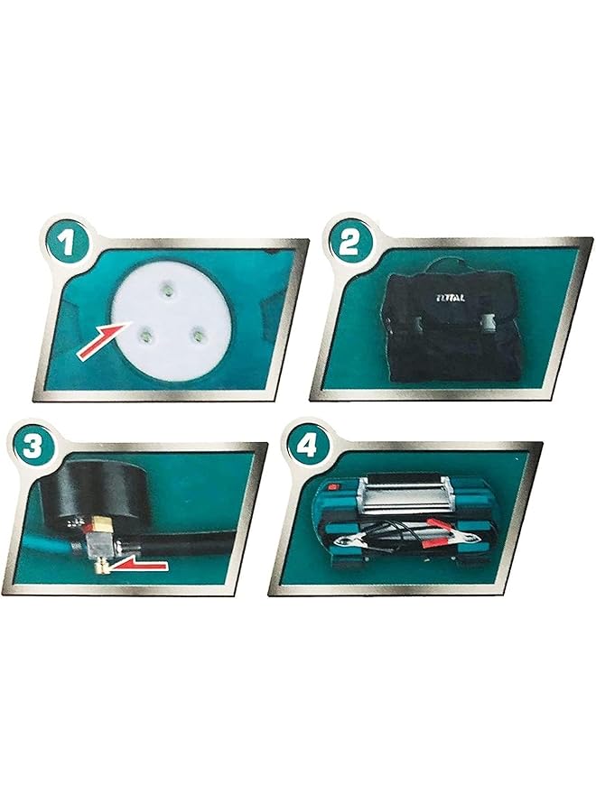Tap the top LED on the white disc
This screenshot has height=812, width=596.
[x=167, y=289]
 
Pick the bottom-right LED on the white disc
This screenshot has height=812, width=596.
[x=194, y=335]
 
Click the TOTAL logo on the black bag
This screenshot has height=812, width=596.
[x=450, y=293]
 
